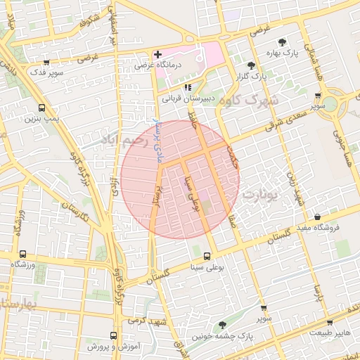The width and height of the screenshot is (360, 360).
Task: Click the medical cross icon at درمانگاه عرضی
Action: click(x=157, y=54)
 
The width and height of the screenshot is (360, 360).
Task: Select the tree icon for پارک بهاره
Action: click(x=282, y=41)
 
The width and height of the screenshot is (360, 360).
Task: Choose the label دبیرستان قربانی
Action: click(x=188, y=99)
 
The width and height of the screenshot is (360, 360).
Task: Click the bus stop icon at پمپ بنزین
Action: click(x=42, y=108)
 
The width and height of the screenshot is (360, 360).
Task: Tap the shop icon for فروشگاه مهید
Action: click(x=319, y=217)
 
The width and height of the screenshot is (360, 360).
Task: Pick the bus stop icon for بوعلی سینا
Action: click(x=207, y=257)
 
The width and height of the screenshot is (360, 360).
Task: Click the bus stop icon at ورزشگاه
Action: click(x=23, y=254)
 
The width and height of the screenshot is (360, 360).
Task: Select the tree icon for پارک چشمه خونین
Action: click(x=223, y=325)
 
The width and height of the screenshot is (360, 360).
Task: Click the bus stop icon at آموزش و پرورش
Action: click(x=114, y=336)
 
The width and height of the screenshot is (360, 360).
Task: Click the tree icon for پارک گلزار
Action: click(x=250, y=65)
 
